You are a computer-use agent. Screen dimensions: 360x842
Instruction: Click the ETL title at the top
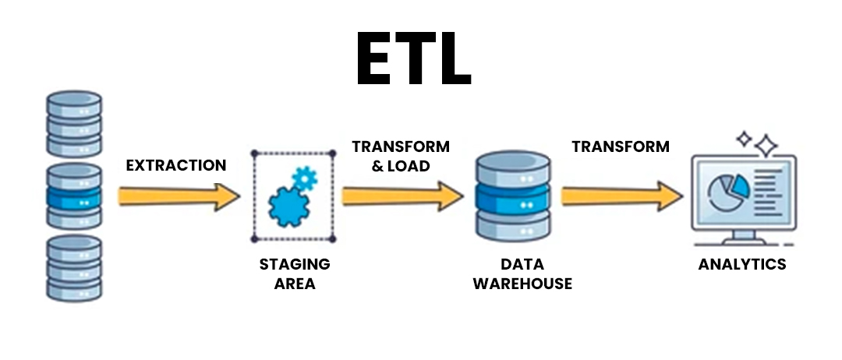click(413, 60)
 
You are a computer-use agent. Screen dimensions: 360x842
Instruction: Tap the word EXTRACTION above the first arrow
click(176, 165)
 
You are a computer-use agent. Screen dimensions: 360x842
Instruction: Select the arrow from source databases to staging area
click(179, 196)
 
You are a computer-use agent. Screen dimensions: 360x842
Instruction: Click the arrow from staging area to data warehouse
click(402, 196)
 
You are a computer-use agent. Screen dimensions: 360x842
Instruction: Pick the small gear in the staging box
click(304, 178)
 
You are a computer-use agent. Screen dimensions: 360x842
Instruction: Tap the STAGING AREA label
click(295, 274)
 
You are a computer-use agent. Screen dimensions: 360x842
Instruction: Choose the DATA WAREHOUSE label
click(511, 274)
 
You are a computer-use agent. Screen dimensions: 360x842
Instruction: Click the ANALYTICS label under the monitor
click(742, 264)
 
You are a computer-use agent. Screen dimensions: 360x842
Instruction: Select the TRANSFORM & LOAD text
click(401, 155)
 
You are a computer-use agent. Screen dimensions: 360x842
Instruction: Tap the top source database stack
click(74, 123)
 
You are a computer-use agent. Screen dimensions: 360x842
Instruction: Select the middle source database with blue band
click(74, 196)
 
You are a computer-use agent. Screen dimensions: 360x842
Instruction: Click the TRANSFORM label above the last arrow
click(621, 146)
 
